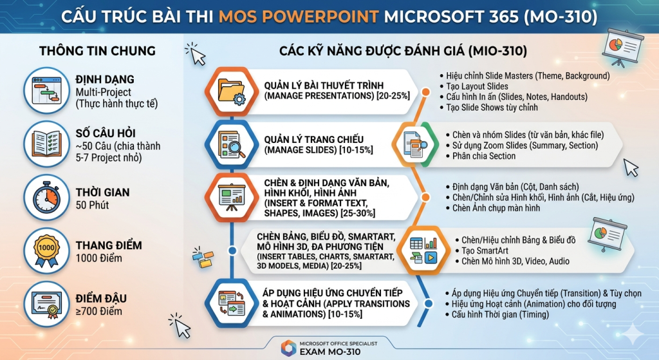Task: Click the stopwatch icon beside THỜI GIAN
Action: click(x=46, y=197)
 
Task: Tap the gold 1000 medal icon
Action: click(x=46, y=251)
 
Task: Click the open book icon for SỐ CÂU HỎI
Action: click(x=46, y=144)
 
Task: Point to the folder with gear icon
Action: click(x=231, y=91)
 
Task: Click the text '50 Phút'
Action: click(x=92, y=205)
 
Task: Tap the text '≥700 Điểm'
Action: click(x=98, y=312)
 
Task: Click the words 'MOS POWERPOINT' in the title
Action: click(x=299, y=17)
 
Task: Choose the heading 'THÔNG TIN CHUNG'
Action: click(x=98, y=51)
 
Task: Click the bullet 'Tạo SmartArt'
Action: click(x=485, y=251)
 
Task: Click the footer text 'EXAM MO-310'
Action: click(x=330, y=352)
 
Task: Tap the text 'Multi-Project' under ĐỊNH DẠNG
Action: click(x=104, y=92)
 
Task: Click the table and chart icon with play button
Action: click(x=423, y=251)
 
